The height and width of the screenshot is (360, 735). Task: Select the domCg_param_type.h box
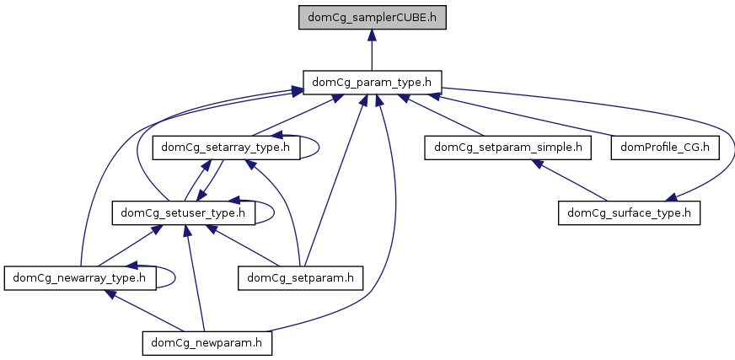coord(372,82)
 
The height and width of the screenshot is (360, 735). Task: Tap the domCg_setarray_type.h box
coord(225,147)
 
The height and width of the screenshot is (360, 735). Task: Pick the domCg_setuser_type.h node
coord(183,212)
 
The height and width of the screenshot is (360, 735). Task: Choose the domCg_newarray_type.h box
coord(80,277)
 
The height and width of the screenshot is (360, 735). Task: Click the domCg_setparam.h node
coord(301,277)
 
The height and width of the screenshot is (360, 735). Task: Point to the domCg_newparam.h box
coord(207,341)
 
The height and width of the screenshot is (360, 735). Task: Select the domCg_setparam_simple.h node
coord(507,147)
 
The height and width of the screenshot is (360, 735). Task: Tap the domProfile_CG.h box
coord(665,147)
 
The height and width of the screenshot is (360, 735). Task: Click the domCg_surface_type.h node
coord(629,212)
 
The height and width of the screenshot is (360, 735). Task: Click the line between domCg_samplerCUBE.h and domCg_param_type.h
coord(372,55)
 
